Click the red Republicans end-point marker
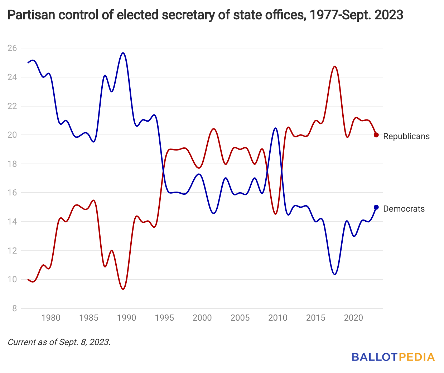pyautogui.click(x=376, y=135)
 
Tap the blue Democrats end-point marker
pyautogui.click(x=376, y=207)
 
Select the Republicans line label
pyautogui.click(x=406, y=136)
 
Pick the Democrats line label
pyautogui.click(x=404, y=209)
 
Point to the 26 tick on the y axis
pyautogui.click(x=12, y=48)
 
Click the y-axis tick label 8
pyautogui.click(x=14, y=308)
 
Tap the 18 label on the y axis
pyautogui.click(x=12, y=164)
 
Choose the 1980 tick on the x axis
pyautogui.click(x=51, y=318)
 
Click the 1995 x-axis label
pyautogui.click(x=164, y=318)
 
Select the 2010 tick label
pyautogui.click(x=278, y=318)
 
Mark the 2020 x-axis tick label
pyautogui.click(x=353, y=318)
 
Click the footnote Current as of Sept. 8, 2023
pyautogui.click(x=59, y=342)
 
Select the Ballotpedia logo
pyautogui.click(x=393, y=357)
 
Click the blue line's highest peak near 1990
pyautogui.click(x=123, y=53)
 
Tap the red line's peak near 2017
pyautogui.click(x=335, y=66)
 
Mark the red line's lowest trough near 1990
pyautogui.click(x=123, y=289)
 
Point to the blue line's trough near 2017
pyautogui.click(x=335, y=274)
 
